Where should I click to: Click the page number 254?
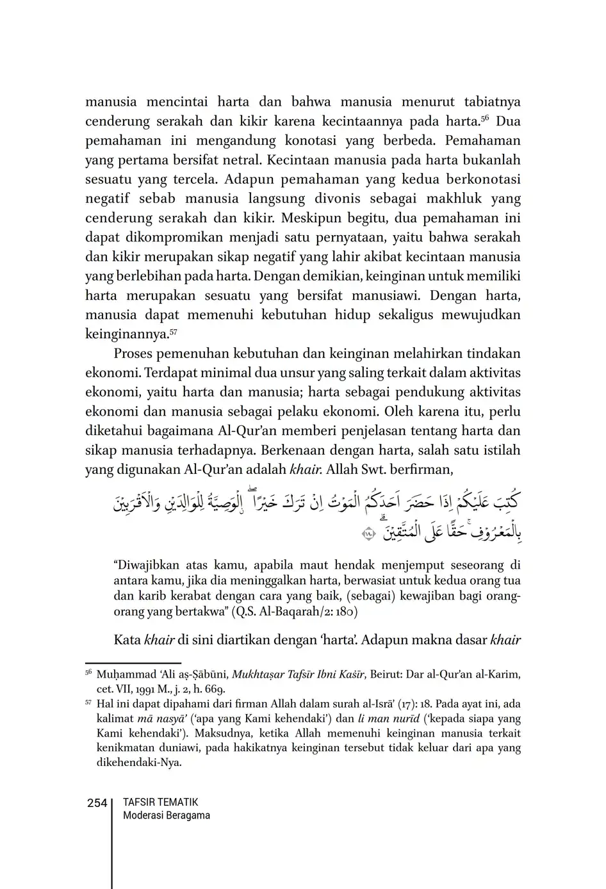(x=97, y=803)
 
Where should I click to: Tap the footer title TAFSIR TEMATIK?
(x=160, y=803)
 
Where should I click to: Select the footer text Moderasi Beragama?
(x=166, y=816)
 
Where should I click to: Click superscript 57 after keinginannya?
(x=173, y=331)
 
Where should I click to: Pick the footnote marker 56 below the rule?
(x=88, y=673)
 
